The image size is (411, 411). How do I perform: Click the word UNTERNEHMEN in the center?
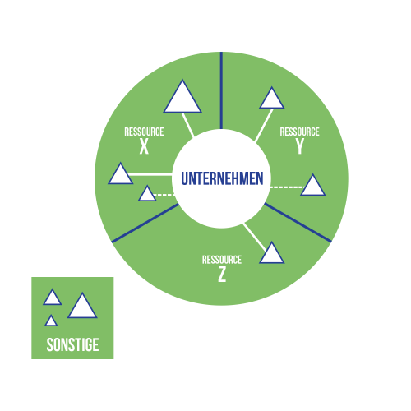point(222,178)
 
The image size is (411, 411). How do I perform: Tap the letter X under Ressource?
point(144,146)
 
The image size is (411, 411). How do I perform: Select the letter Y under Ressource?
point(300,146)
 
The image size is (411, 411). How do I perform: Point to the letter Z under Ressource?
point(222,275)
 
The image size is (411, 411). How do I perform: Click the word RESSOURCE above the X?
point(144,132)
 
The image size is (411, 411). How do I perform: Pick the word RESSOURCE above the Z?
point(222,260)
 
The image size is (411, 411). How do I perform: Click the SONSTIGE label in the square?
point(72,344)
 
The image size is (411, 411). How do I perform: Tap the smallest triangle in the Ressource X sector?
point(147,195)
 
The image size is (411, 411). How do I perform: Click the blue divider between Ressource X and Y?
point(221,90)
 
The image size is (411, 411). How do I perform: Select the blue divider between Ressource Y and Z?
point(298,223)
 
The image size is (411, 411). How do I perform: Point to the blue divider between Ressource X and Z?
point(145,223)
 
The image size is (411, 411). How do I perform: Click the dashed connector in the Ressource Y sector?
point(287,187)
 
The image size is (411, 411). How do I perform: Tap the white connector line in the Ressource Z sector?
point(254,238)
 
